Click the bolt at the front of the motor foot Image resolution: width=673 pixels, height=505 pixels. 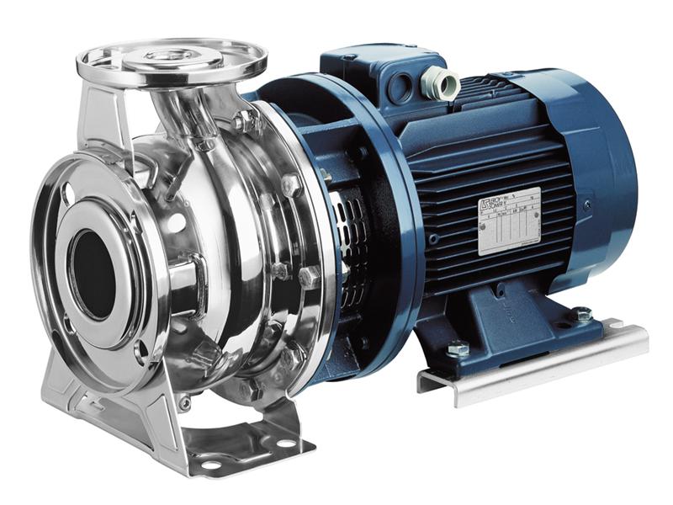pyautogui.click(x=458, y=347)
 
